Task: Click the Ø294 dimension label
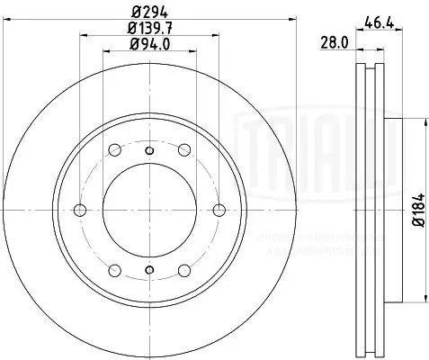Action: pyautogui.click(x=149, y=12)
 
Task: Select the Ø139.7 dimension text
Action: pyautogui.click(x=149, y=29)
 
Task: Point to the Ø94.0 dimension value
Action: pyautogui.click(x=149, y=45)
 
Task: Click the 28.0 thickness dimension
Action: pyautogui.click(x=335, y=41)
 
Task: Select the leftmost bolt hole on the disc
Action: pyautogui.click(x=80, y=210)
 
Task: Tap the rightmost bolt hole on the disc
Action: pyautogui.click(x=219, y=210)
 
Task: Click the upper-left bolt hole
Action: pyautogui.click(x=114, y=150)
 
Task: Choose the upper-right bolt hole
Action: pyautogui.click(x=184, y=150)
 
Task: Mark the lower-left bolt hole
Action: pyautogui.click(x=114, y=269)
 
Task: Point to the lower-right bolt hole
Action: pyautogui.click(x=184, y=269)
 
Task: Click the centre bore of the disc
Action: pyautogui.click(x=149, y=210)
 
